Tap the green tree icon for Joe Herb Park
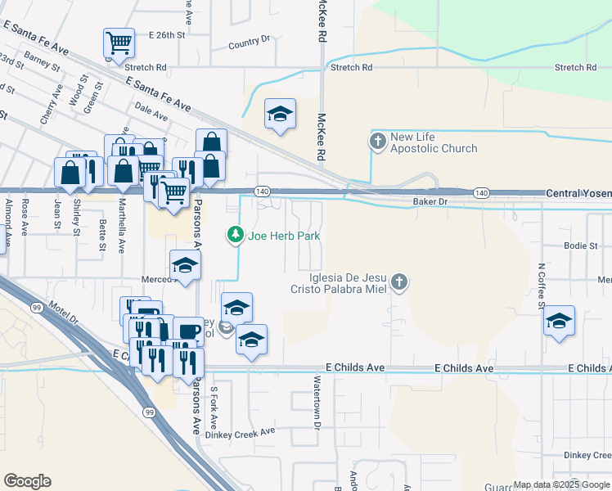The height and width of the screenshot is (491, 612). (236, 236)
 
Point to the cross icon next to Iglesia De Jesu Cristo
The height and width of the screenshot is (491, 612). (398, 282)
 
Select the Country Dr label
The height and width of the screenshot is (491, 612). (250, 42)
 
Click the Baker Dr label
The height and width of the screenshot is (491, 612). (430, 200)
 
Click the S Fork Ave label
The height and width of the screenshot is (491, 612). (214, 408)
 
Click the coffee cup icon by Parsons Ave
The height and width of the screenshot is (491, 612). (188, 331)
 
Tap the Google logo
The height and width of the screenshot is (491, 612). (27, 481)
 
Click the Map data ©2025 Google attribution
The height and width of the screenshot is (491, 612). (561, 484)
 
